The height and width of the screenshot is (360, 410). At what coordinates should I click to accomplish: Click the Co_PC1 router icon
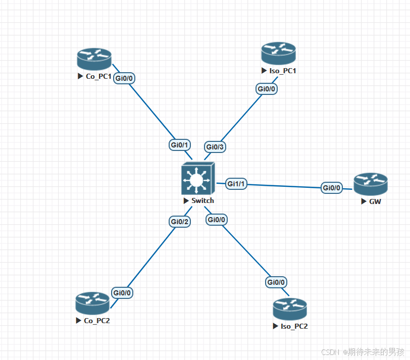pyautogui.click(x=94, y=59)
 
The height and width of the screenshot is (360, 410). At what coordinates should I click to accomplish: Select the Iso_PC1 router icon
pyautogui.click(x=278, y=53)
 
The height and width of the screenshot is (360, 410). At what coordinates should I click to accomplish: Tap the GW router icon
pyautogui.click(x=371, y=184)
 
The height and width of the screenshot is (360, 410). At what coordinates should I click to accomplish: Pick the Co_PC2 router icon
pyautogui.click(x=92, y=303)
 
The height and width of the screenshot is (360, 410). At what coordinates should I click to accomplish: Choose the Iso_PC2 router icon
pyautogui.click(x=290, y=310)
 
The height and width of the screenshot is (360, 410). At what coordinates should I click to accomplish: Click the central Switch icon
pyautogui.click(x=198, y=179)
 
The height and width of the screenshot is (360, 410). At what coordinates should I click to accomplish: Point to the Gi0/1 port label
pyautogui.click(x=179, y=145)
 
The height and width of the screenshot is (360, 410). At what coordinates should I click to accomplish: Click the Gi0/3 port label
pyautogui.click(x=215, y=147)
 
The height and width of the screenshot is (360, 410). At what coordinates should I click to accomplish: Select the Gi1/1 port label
pyautogui.click(x=236, y=184)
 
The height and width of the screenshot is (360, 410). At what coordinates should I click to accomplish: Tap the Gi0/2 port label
pyautogui.click(x=179, y=222)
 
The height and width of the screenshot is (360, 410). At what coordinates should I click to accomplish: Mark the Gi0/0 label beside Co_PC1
pyautogui.click(x=124, y=78)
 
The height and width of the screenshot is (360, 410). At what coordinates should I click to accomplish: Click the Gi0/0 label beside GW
pyautogui.click(x=332, y=188)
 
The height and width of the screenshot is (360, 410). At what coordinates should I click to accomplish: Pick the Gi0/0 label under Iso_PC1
pyautogui.click(x=267, y=89)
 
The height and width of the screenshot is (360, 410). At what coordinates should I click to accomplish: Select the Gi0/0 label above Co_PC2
pyautogui.click(x=122, y=292)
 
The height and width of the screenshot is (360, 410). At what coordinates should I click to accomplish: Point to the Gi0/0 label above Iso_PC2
pyautogui.click(x=276, y=282)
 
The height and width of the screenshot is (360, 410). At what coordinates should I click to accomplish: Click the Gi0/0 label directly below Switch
pyautogui.click(x=217, y=220)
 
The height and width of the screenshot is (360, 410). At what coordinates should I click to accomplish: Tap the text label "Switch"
pyautogui.click(x=202, y=200)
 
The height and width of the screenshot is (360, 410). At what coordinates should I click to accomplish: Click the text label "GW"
pyautogui.click(x=375, y=201)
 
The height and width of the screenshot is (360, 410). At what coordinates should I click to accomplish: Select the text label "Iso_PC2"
pyautogui.click(x=294, y=326)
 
